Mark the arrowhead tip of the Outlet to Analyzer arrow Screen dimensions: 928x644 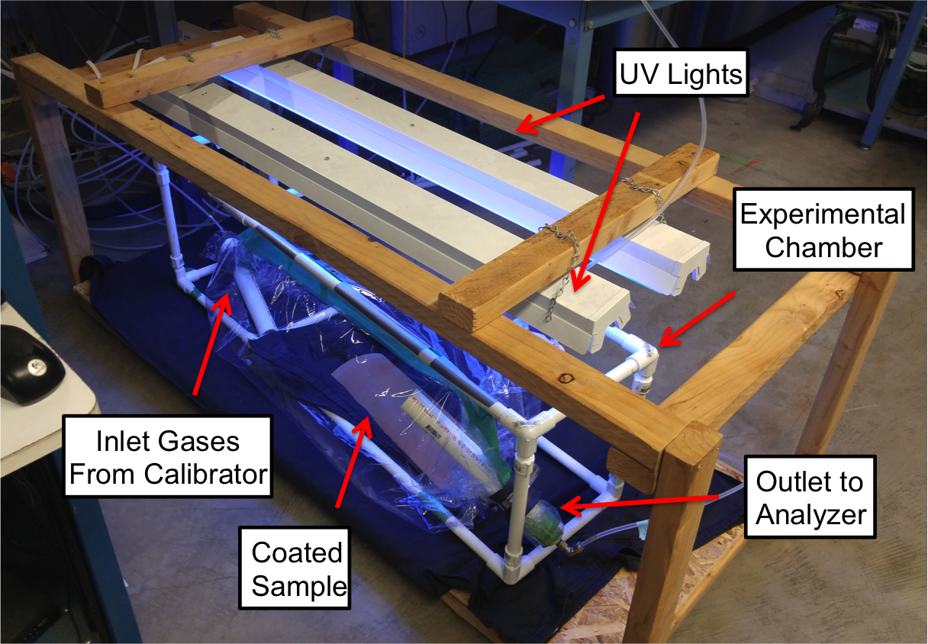tap(560, 507)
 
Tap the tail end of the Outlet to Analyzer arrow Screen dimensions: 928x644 tap(719, 496)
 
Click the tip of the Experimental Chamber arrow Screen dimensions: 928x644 tap(659, 345)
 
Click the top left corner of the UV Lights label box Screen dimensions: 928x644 tap(614, 50)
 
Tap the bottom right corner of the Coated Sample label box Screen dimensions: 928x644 tap(350, 608)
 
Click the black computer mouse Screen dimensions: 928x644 tap(30, 364)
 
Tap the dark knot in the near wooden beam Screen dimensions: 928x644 tap(565, 378)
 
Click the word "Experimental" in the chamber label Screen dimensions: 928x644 tap(823, 214)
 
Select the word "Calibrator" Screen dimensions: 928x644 tap(205, 474)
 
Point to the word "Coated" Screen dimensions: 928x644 tap(297, 552)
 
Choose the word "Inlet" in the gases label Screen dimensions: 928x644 tap(121, 441)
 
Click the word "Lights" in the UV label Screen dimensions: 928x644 tap(705, 75)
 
